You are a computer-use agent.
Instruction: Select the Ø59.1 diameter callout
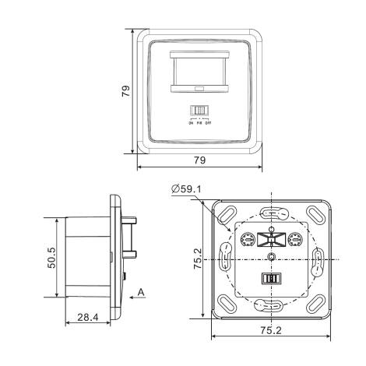point(187,189)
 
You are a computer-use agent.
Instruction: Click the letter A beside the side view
point(141,291)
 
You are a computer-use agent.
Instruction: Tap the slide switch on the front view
point(201,111)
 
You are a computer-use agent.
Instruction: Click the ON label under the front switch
point(190,121)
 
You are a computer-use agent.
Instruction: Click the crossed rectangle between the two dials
point(271,239)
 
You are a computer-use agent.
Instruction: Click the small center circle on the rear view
point(271,256)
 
